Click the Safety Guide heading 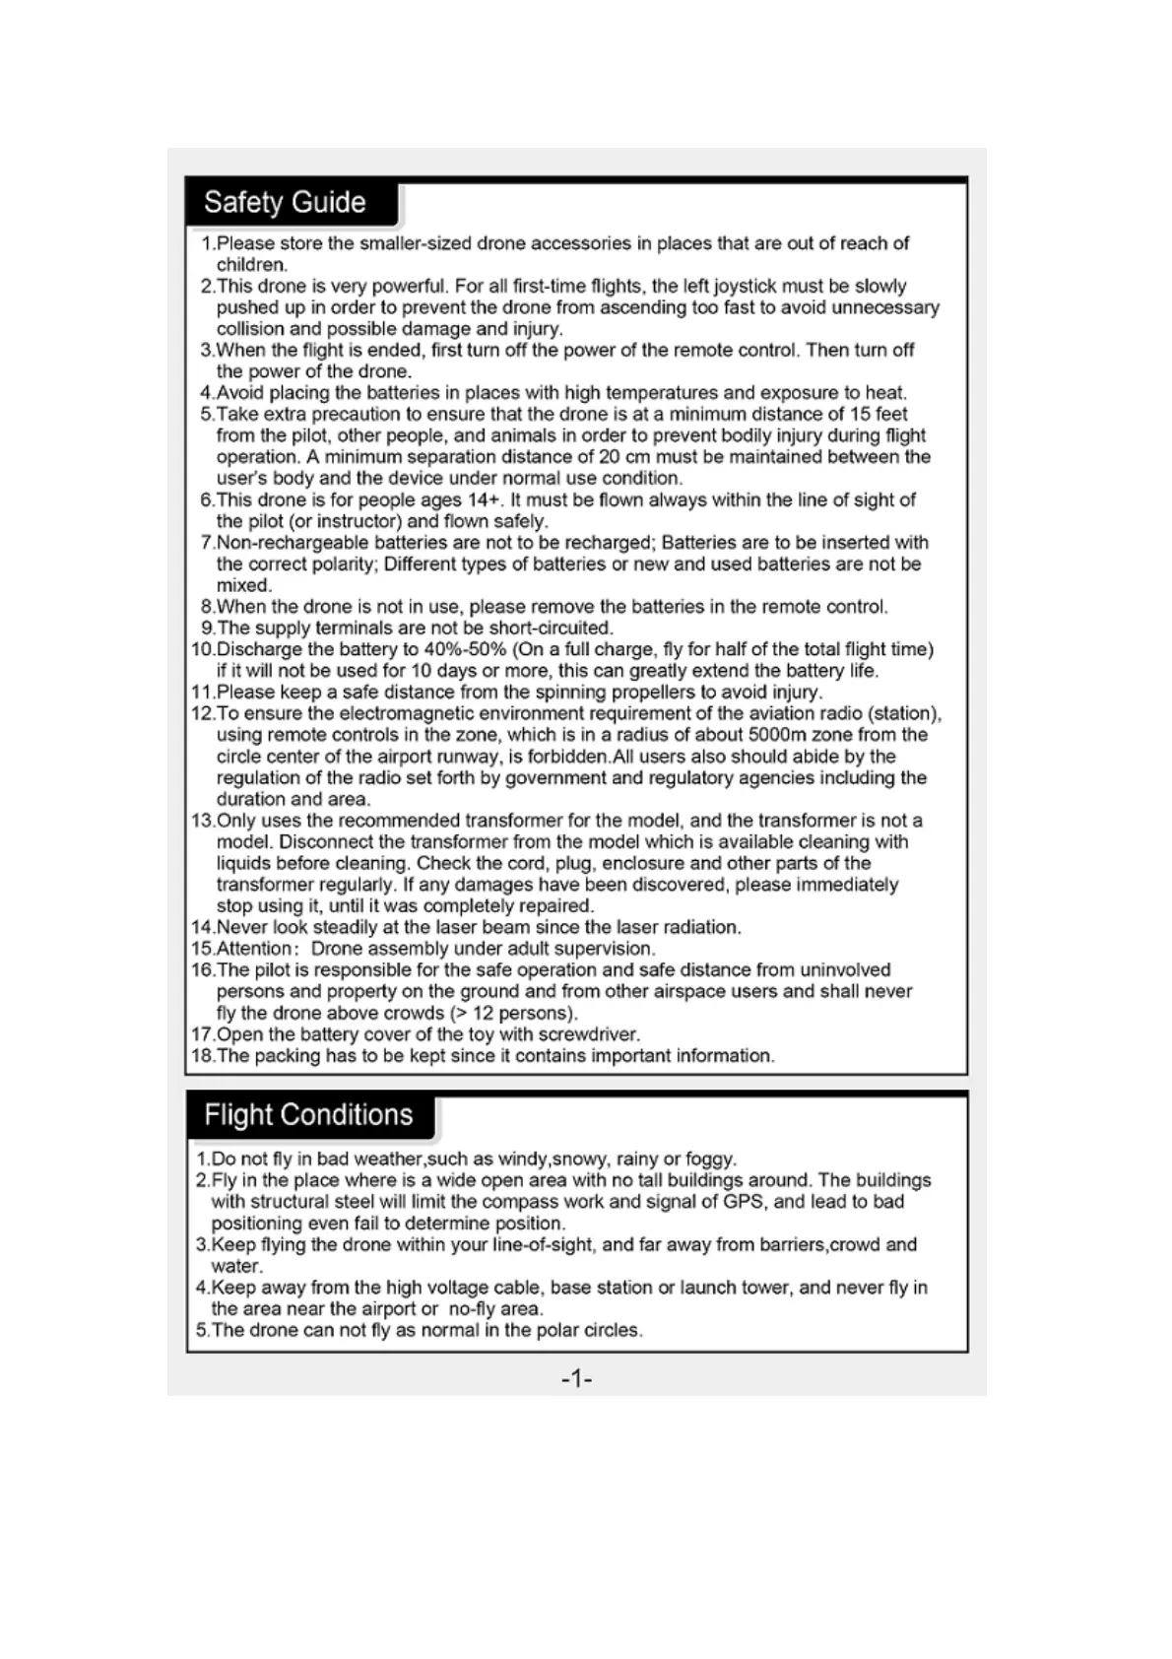(285, 203)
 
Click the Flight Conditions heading (308, 1115)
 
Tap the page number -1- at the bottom (576, 1378)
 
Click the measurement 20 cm (624, 457)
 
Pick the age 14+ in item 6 (484, 499)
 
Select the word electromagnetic (410, 713)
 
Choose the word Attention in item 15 (254, 949)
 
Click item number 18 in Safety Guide (202, 1056)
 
